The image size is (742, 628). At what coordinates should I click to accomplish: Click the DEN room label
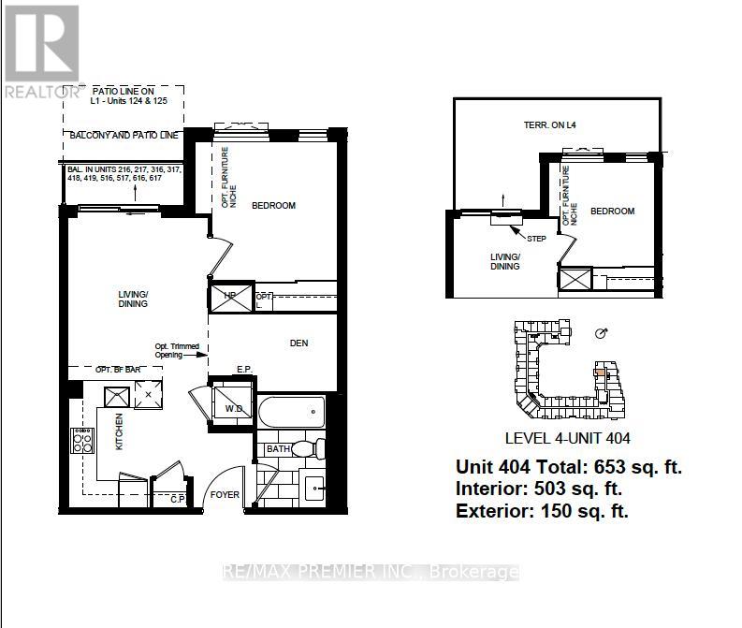[x=298, y=343]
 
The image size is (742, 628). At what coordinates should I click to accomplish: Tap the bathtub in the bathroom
[x=291, y=412]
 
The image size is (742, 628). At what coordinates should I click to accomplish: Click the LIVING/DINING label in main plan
[x=134, y=299]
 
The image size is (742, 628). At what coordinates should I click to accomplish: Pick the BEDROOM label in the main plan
[x=273, y=206]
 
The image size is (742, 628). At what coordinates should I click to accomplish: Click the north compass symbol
[x=602, y=334]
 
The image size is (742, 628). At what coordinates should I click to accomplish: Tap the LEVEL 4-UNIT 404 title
[x=566, y=438]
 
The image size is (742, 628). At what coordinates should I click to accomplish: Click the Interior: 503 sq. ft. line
[x=539, y=489]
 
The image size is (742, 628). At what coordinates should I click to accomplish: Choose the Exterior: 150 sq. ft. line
[x=542, y=511]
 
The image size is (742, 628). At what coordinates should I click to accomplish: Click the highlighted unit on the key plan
[x=599, y=371]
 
